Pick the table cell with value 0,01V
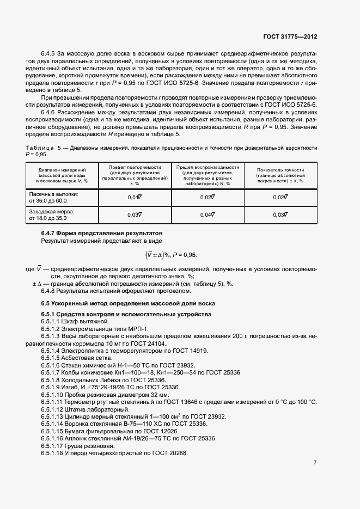click(135, 198)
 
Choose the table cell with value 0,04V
click(208, 215)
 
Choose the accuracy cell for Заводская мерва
click(280, 215)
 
